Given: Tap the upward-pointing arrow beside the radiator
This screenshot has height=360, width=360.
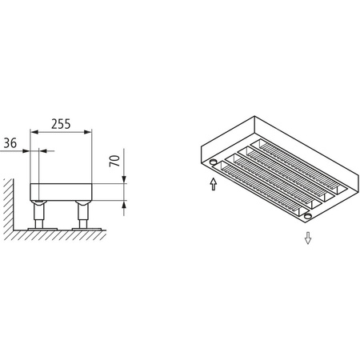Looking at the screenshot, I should (213, 186).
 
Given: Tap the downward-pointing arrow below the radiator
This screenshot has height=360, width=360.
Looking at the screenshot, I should (308, 238).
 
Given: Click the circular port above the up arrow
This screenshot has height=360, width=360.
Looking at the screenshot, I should (213, 163).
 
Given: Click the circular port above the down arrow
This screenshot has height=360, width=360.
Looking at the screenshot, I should (307, 216).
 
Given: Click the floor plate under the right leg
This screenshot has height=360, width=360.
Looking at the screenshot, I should (84, 230).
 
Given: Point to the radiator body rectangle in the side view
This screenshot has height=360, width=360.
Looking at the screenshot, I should (61, 191).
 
